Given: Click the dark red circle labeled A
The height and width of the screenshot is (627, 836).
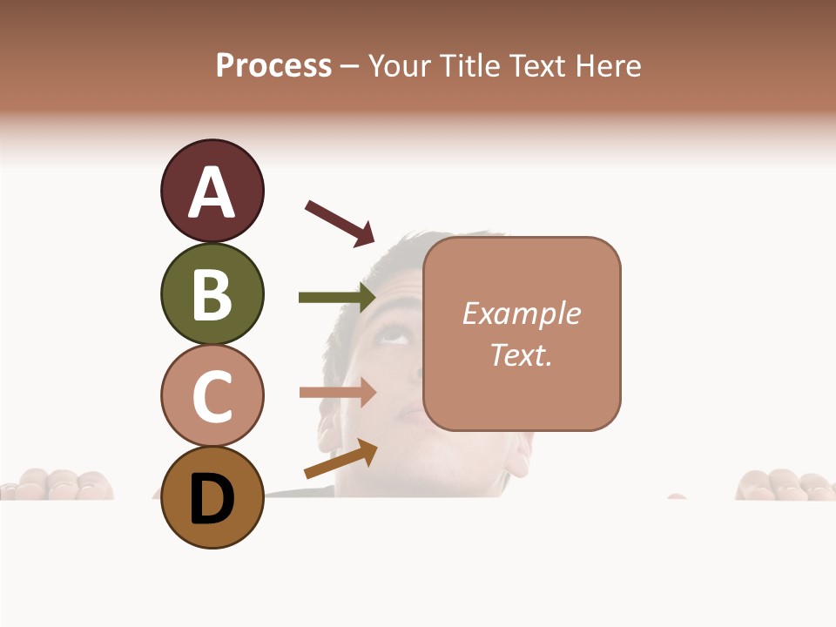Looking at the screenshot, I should coord(212,191).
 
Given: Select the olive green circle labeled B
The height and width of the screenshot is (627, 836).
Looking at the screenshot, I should coord(212,293).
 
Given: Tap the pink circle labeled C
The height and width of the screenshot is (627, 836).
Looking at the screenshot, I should coord(212,395).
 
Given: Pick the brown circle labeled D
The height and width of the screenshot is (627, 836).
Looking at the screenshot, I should coord(212,497).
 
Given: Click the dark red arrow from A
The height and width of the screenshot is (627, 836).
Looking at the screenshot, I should coord(340,222).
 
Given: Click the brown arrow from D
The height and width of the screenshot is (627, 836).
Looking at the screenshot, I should coord(340,459).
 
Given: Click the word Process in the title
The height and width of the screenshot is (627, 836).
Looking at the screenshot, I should coord(273,65).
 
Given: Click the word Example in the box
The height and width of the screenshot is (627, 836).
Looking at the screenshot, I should coord(521,313).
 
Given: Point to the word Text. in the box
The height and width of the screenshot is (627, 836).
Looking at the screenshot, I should coord(521,354).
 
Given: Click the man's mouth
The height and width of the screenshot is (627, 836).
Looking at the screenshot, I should coord(409,409).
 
